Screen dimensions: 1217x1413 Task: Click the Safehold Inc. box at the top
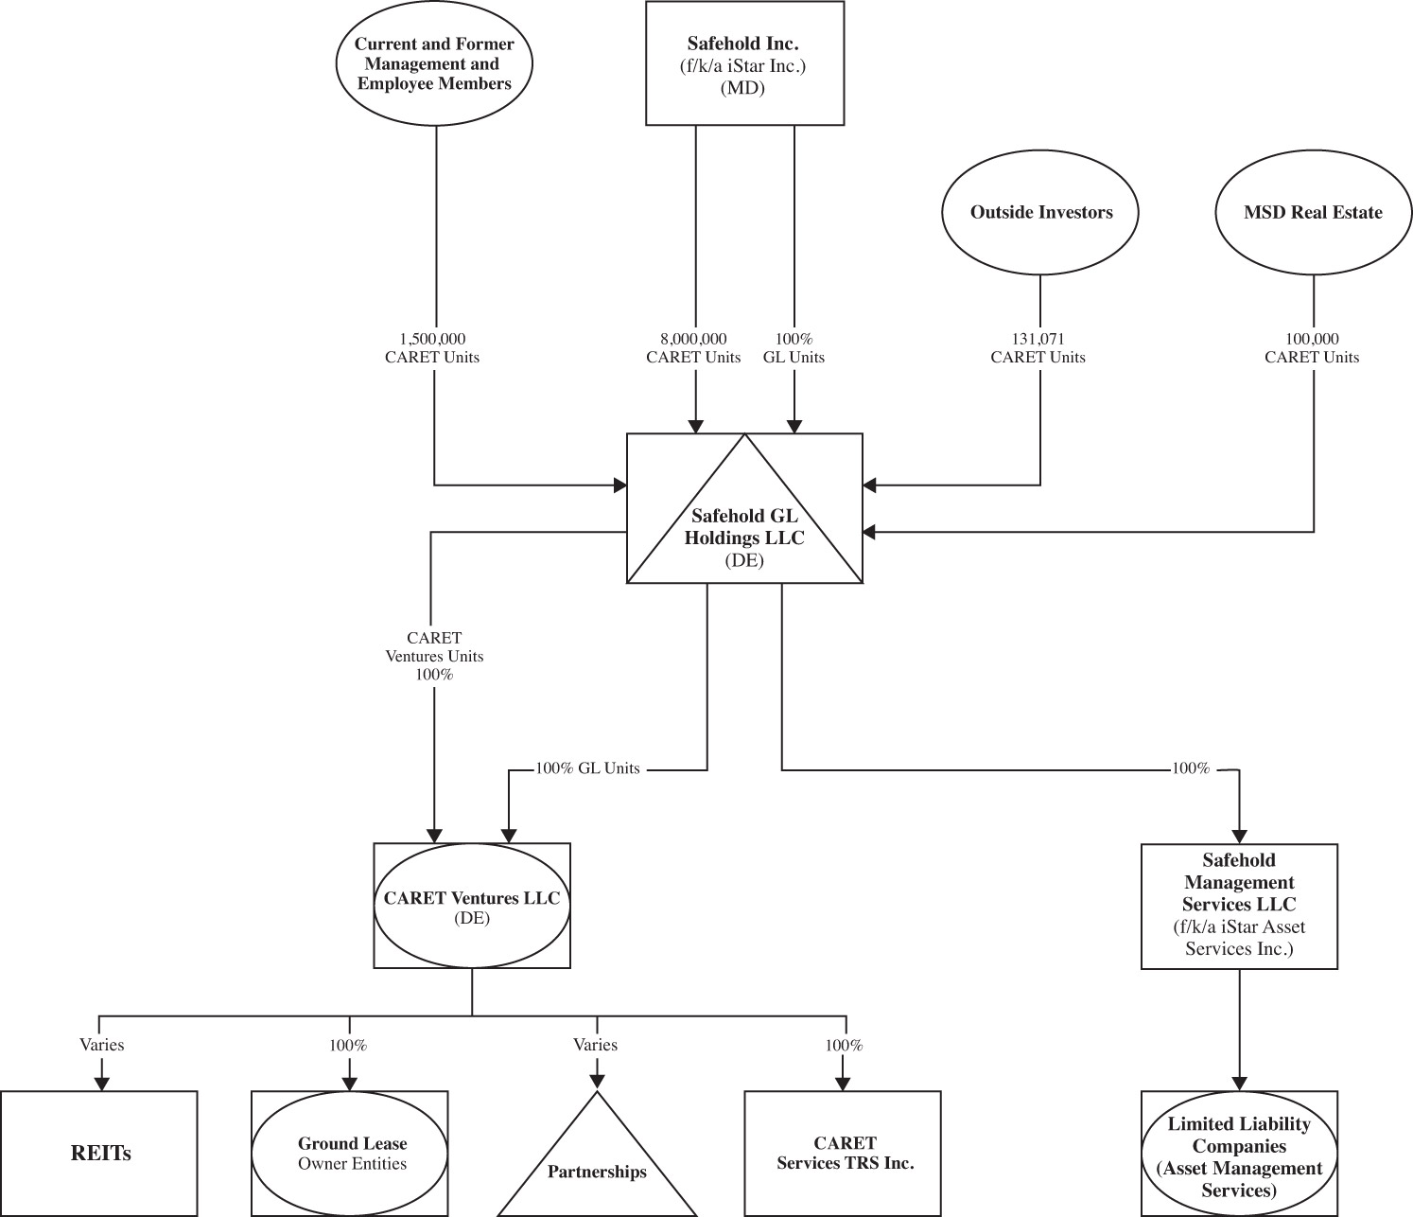click(744, 63)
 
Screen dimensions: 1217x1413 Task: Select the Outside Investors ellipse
click(1040, 212)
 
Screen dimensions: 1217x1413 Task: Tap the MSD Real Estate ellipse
click(1313, 212)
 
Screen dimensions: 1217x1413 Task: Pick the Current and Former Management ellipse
click(434, 64)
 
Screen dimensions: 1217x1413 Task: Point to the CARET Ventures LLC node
click(472, 906)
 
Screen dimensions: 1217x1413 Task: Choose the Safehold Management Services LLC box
click(1239, 906)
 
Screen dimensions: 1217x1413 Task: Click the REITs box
click(99, 1154)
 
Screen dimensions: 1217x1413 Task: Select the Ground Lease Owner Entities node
click(350, 1154)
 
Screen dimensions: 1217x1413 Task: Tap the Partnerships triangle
click(597, 1166)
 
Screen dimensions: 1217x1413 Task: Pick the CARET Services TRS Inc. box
click(845, 1154)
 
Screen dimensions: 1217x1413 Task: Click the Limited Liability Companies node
click(1239, 1156)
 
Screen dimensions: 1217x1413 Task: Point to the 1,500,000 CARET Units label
click(432, 348)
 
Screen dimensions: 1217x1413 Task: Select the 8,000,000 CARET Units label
click(693, 348)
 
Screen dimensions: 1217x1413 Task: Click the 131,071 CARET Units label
click(1038, 348)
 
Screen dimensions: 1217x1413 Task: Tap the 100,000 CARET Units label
click(1312, 348)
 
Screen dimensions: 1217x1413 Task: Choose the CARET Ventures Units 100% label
click(433, 657)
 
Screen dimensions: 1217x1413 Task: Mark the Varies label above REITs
click(101, 1045)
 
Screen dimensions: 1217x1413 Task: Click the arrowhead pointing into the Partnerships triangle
click(597, 1080)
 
